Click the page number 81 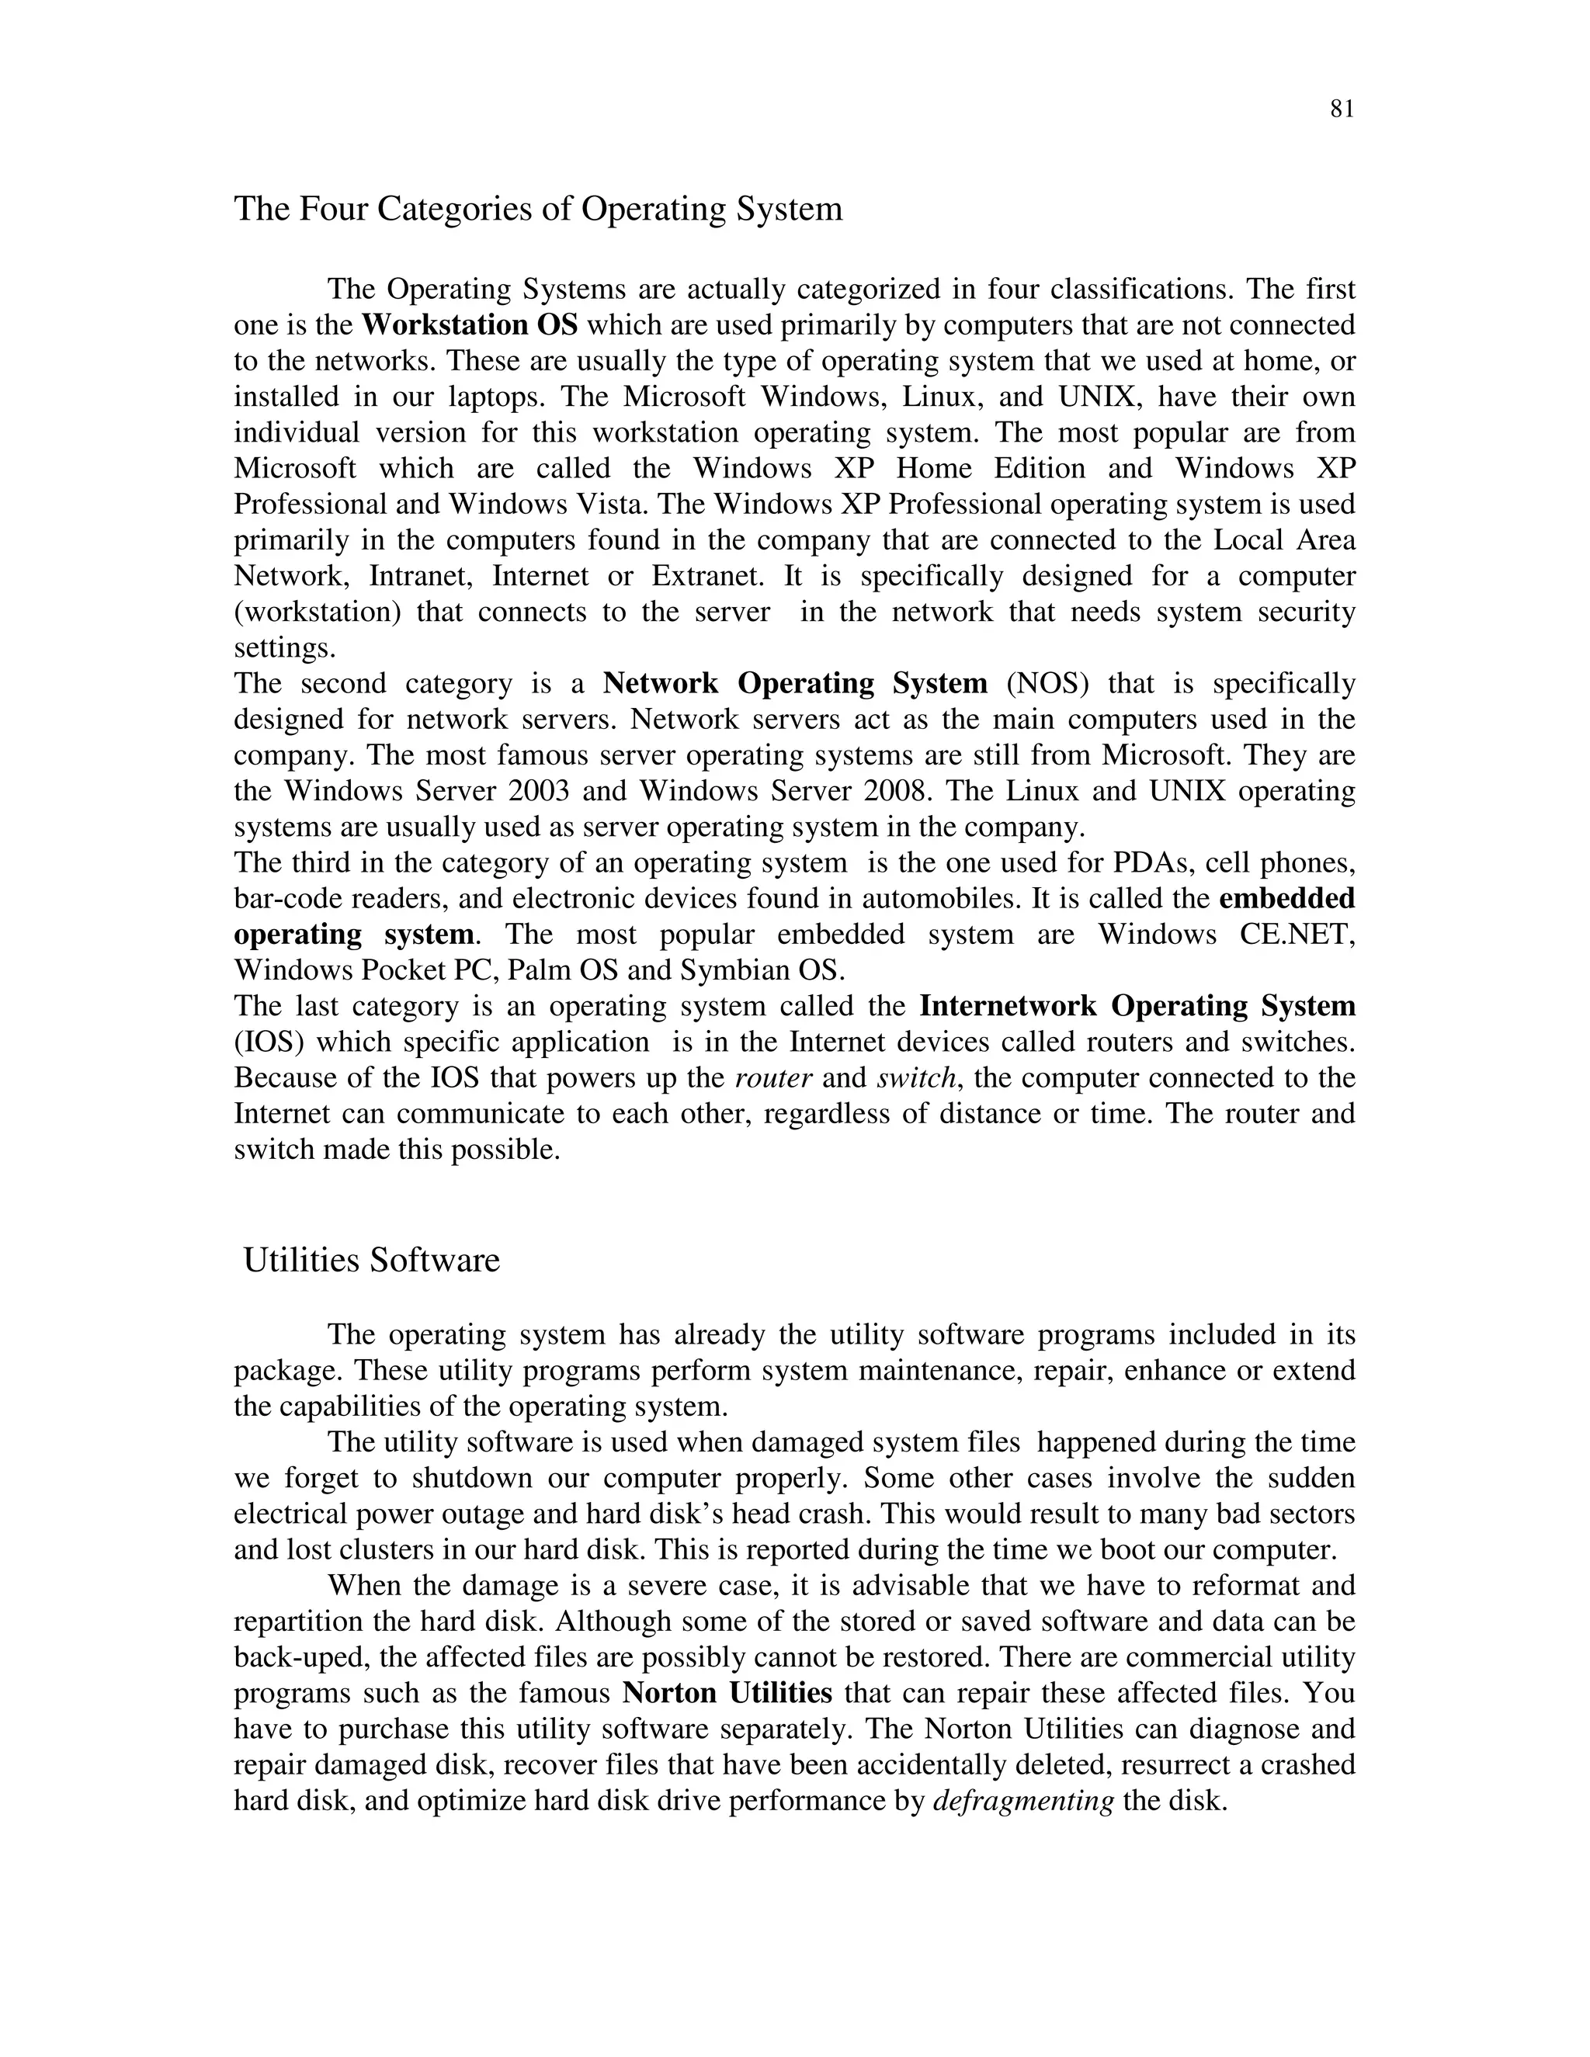(x=1342, y=109)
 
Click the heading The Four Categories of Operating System (x=538, y=208)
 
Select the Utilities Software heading (x=371, y=1260)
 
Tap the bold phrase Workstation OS (x=469, y=325)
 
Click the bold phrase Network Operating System (x=795, y=683)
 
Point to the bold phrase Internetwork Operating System (x=1137, y=1006)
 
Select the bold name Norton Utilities (x=727, y=1694)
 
